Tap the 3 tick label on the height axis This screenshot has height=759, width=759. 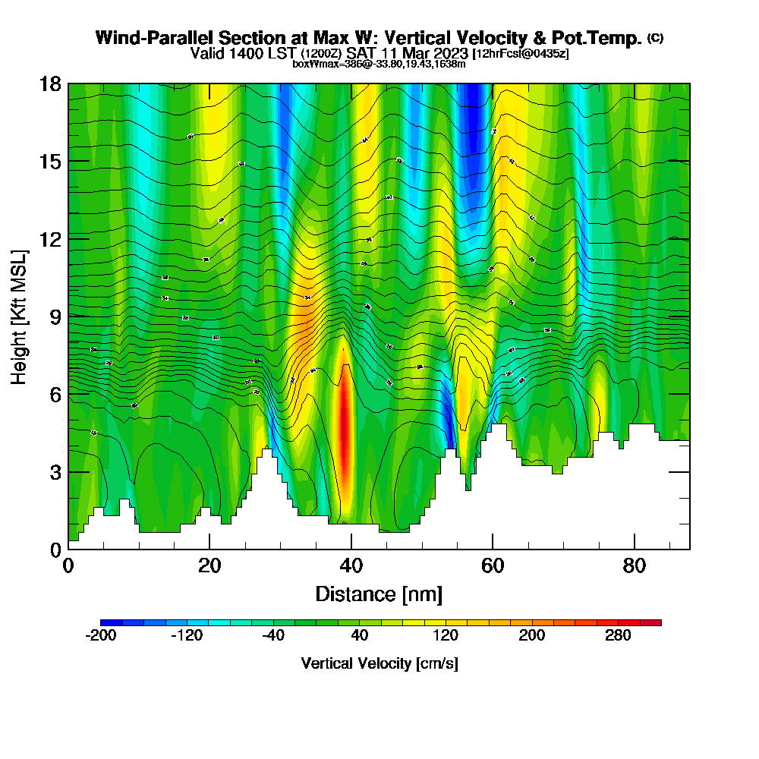click(x=55, y=471)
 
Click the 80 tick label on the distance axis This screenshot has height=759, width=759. click(x=634, y=566)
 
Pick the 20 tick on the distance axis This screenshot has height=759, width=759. click(x=209, y=549)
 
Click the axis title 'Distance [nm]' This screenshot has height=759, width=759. click(x=379, y=594)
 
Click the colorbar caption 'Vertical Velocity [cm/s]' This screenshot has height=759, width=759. click(x=379, y=663)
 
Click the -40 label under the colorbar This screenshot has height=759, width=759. click(x=273, y=636)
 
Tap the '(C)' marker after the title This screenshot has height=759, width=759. click(x=655, y=38)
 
